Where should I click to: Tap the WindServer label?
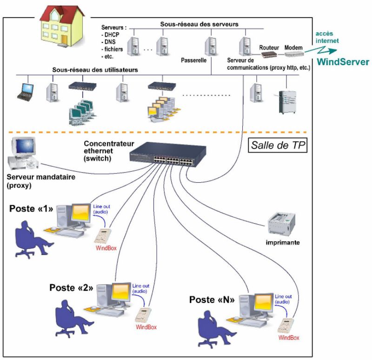coord(343,62)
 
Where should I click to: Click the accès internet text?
coord(328,37)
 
